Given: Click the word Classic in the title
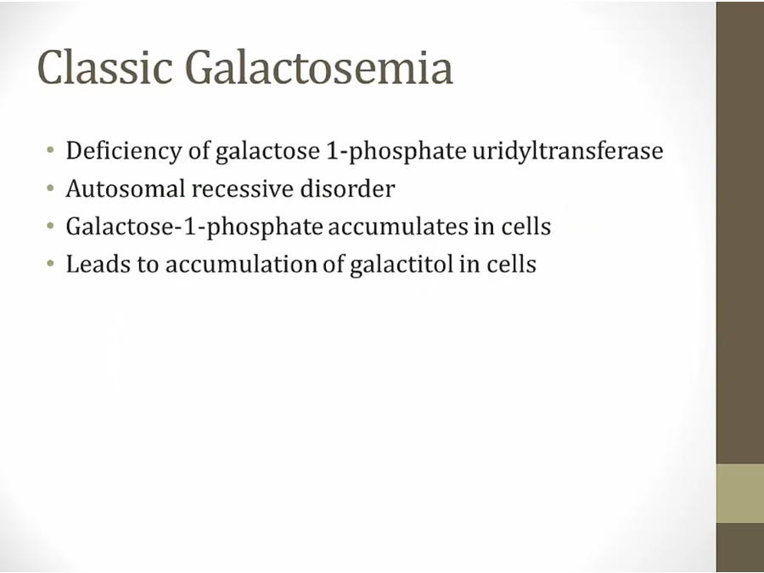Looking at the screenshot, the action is tap(104, 67).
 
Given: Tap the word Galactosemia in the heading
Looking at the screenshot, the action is tap(319, 67).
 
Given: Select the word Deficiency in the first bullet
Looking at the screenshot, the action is tap(123, 151).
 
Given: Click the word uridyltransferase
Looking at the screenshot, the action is tap(568, 151).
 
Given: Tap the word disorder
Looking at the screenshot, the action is tap(347, 188).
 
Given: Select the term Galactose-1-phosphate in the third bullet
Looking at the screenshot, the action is tap(194, 227).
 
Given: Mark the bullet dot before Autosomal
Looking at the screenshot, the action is tap(50, 188).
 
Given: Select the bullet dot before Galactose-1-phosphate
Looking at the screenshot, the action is tap(50, 226).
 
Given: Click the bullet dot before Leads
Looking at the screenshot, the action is tap(50, 264).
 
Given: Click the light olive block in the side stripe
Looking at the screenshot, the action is tap(740, 493).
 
